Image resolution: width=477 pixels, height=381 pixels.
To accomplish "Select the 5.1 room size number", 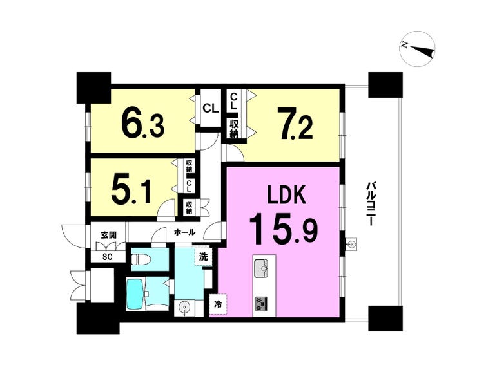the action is pos(131,190).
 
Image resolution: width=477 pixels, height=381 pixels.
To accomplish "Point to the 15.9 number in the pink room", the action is pos(284,228).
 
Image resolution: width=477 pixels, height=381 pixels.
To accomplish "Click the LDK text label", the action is pos(286,194).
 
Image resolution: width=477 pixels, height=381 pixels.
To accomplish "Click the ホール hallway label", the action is pos(184,233).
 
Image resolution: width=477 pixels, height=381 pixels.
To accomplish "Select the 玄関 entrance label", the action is pos(108,235).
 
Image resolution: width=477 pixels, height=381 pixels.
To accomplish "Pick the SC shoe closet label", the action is pos(107,257).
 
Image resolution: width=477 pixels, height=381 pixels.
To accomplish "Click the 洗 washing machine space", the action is pos(204,257).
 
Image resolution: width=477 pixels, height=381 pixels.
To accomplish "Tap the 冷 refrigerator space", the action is pos(218,304).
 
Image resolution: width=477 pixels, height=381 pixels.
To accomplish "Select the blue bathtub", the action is pos(135,294).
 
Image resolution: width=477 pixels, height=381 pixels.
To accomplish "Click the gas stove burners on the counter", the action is pos(261,304).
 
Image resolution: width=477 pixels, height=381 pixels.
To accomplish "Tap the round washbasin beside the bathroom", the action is pos(184,308).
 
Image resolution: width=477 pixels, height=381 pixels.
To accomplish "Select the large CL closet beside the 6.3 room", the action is pos(211,108).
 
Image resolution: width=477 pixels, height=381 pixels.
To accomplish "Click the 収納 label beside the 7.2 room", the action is pos(234,129).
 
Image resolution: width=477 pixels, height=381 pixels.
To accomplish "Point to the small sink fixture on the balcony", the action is pos(352,244).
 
